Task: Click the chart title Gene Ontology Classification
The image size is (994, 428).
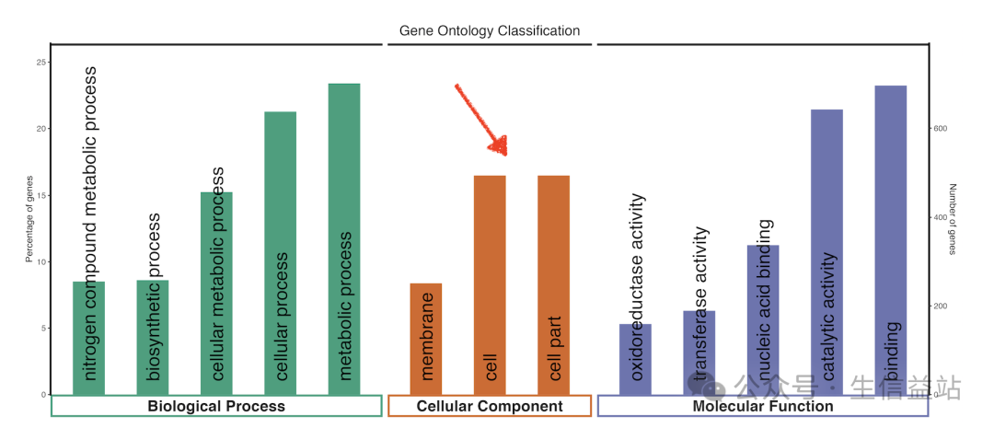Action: click(490, 30)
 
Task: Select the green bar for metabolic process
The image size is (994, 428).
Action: click(344, 239)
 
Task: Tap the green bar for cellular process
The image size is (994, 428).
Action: click(280, 253)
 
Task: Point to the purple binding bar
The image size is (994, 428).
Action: click(890, 239)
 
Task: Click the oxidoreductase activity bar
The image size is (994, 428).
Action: click(635, 359)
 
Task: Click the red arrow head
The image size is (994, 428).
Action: click(499, 145)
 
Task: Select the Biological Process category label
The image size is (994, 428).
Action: click(216, 406)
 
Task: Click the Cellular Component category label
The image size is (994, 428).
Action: click(490, 406)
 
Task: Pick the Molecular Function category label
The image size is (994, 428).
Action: click(763, 406)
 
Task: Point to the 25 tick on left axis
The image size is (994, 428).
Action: click(40, 63)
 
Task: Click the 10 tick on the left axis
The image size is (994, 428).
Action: click(40, 261)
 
